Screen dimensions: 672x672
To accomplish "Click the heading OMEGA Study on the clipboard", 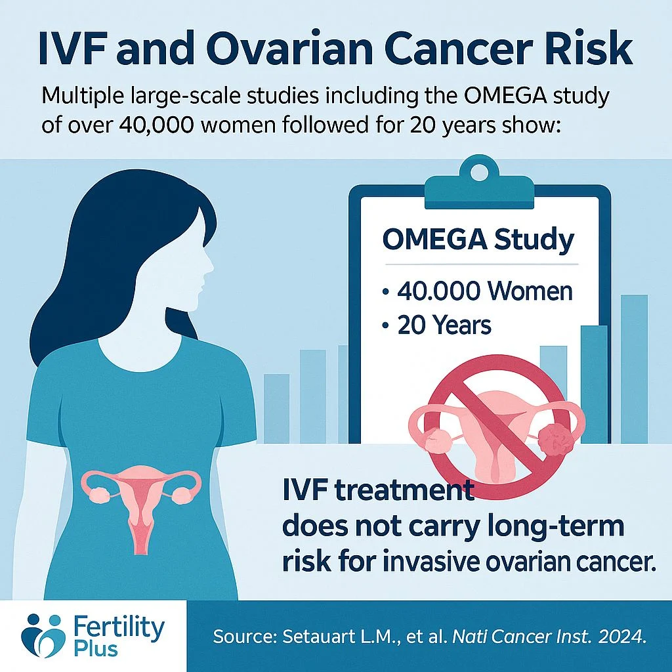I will pos(478,240).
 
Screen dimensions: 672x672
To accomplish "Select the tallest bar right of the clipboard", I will pos(633,367).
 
